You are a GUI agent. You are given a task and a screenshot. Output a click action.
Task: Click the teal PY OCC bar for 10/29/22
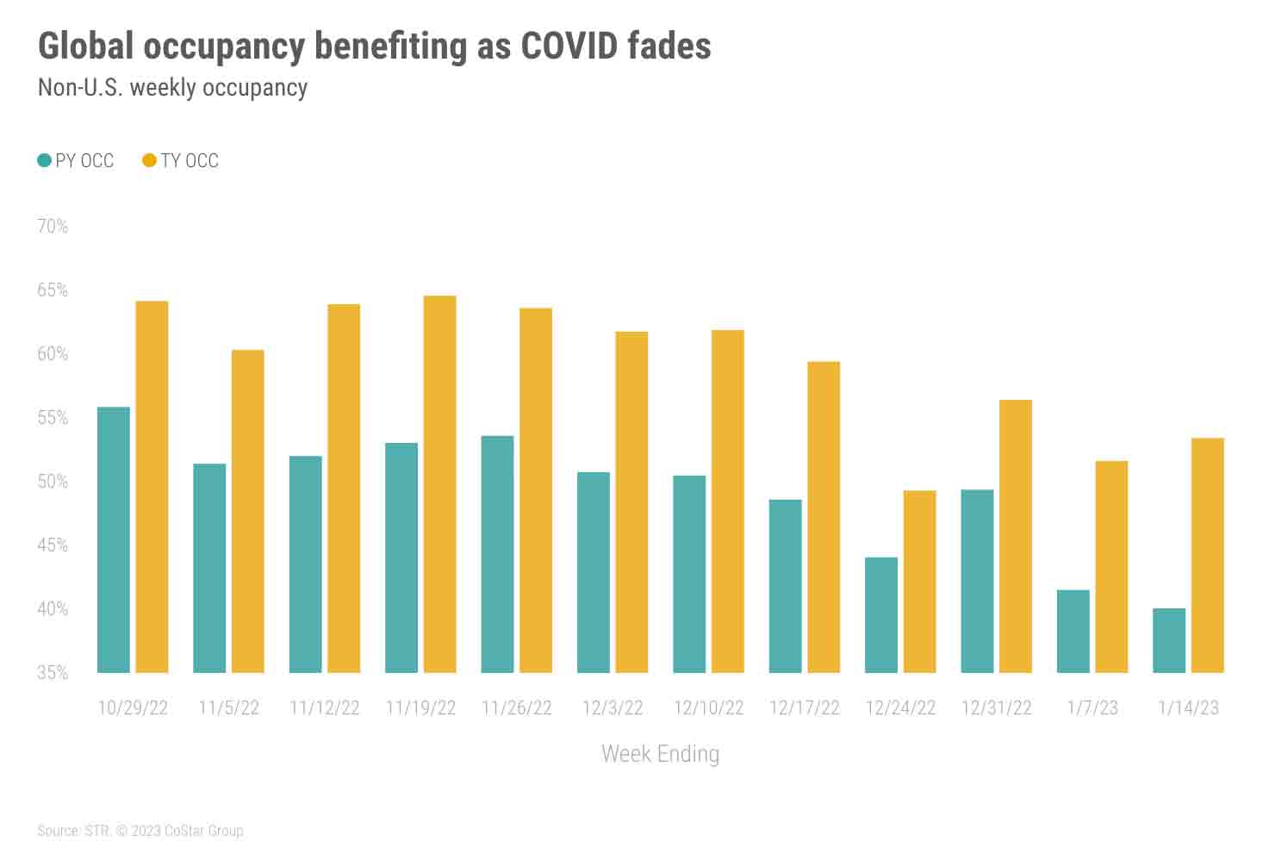(114, 539)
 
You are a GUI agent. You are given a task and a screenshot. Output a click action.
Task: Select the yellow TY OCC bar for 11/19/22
(439, 484)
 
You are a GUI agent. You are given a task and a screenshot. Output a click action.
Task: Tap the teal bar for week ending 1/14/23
(1169, 640)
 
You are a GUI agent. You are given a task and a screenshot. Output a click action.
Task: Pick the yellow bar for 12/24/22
(919, 582)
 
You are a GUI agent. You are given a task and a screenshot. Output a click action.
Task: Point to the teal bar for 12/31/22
(977, 581)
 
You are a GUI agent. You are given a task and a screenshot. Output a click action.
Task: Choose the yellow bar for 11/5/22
(248, 511)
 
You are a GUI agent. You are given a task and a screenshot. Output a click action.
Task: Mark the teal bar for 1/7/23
(1073, 631)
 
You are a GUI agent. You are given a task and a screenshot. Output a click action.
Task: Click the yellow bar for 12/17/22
(824, 517)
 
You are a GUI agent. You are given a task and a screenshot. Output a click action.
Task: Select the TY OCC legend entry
(181, 160)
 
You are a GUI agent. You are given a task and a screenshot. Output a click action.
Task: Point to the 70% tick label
(53, 227)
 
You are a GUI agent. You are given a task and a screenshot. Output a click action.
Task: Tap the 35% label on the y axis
(53, 673)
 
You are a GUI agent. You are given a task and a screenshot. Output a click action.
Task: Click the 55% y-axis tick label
(53, 418)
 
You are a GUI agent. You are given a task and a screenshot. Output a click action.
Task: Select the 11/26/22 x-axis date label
(517, 708)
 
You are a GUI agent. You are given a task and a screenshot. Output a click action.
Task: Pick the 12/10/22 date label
(708, 708)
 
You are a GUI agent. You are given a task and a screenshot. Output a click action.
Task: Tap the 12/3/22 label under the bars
(613, 708)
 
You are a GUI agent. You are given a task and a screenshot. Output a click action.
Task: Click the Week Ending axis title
(660, 754)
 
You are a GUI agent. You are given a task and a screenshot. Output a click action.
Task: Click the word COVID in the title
(569, 47)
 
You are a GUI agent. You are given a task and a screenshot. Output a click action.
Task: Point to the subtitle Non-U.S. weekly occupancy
(172, 87)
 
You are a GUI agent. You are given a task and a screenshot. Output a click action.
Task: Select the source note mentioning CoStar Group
(140, 831)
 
